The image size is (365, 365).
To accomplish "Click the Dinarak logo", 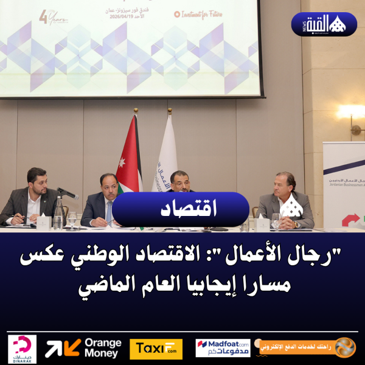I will [x=23, y=349].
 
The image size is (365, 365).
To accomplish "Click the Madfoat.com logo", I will [x=223, y=348].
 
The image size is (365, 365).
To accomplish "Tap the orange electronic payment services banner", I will [x=307, y=347].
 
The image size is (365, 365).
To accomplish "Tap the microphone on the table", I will [x=67, y=193].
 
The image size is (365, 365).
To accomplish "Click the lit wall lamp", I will [x=350, y=113].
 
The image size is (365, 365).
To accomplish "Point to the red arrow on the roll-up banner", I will [x=350, y=220].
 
